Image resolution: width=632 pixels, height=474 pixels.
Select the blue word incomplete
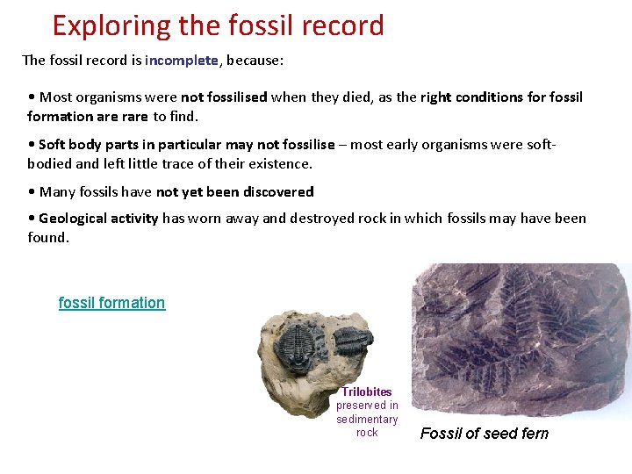click(182, 61)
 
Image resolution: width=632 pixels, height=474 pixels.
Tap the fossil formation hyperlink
click(111, 303)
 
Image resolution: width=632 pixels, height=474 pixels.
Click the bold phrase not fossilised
click(224, 97)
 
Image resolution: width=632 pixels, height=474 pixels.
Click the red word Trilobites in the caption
click(367, 391)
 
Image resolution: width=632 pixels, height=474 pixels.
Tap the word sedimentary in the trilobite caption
click(367, 419)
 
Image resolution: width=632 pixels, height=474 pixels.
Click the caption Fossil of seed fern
click(484, 433)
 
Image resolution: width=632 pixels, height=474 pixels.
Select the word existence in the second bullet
click(283, 163)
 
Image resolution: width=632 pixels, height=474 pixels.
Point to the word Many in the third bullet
click(57, 191)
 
